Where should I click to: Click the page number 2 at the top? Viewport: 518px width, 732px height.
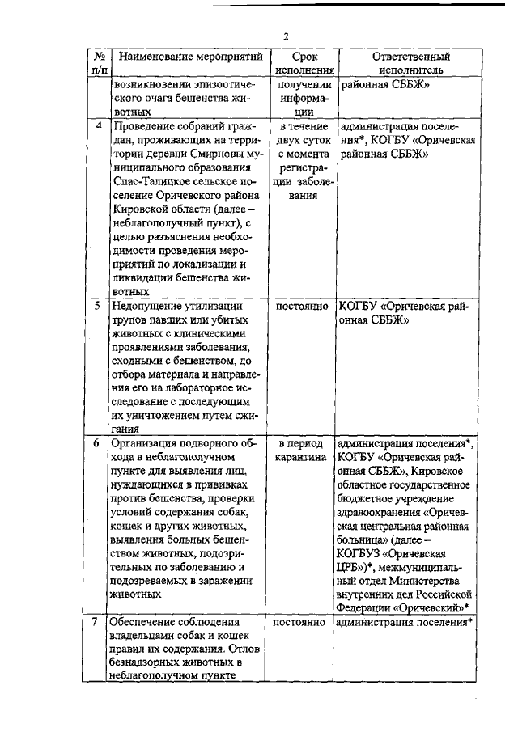(285, 35)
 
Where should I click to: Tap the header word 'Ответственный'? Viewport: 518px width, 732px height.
(410, 57)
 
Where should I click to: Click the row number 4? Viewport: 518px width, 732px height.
(98, 126)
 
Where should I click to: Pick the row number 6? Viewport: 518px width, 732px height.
(98, 444)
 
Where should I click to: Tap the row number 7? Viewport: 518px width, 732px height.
(98, 623)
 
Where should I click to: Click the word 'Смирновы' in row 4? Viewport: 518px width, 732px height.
(213, 154)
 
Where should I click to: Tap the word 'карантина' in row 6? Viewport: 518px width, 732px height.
(301, 458)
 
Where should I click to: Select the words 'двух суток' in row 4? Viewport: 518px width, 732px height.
(301, 140)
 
